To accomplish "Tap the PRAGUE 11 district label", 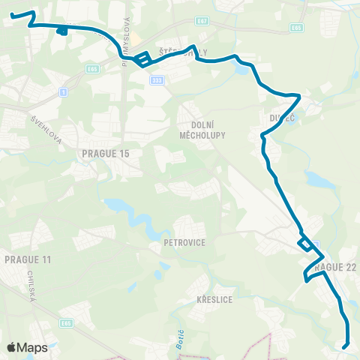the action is (x=28, y=259).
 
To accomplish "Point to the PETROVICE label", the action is (x=184, y=243).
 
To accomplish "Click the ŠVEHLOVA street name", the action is (x=46, y=131).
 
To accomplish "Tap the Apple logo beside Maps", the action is (x=11, y=347).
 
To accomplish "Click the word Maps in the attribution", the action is (x=32, y=347).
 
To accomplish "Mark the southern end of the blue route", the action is (x=344, y=346).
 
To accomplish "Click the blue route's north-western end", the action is (x=12, y=14).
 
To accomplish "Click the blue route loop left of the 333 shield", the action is (x=142, y=59).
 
